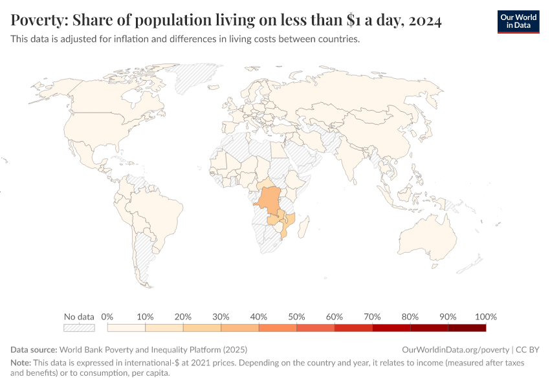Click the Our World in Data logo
518,21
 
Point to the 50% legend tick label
296,317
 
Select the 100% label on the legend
485,317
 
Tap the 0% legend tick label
107,317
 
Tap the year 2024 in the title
424,21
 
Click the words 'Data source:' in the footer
34,349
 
